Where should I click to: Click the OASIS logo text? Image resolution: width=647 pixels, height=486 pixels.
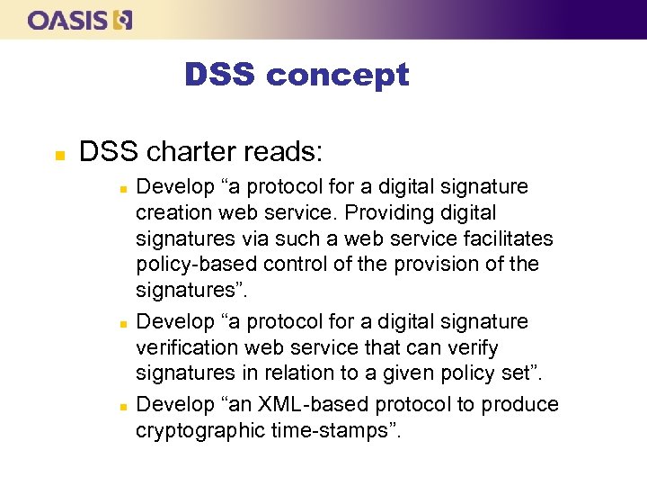tap(68, 20)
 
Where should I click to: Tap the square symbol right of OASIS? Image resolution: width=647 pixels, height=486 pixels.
tap(124, 20)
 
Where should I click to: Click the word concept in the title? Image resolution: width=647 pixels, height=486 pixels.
tap(338, 76)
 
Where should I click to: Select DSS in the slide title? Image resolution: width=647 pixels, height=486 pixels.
tap(220, 75)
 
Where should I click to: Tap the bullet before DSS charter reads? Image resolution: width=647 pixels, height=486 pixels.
tap(58, 154)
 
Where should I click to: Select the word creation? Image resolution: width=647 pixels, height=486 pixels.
tap(170, 212)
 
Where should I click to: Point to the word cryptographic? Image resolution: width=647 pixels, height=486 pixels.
tap(199, 431)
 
